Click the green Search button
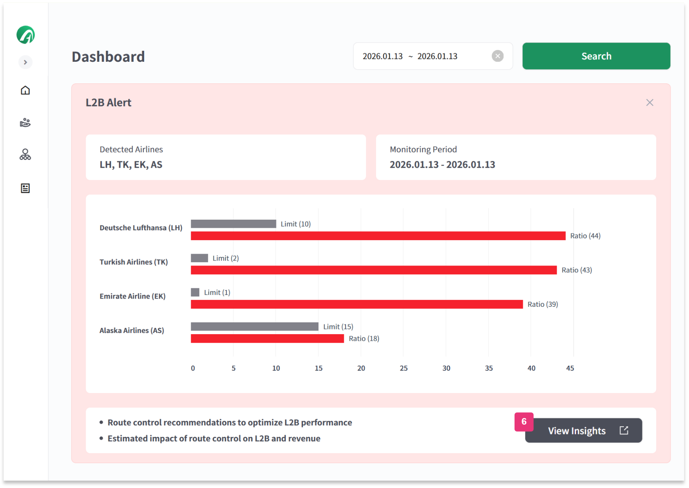596,56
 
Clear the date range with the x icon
497,56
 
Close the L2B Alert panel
649,103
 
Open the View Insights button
583,431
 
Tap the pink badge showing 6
524,422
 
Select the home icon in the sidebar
25,90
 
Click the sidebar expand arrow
25,62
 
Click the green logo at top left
25,35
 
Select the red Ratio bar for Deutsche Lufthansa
377,236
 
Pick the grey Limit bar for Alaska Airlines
254,326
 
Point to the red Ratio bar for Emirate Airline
356,304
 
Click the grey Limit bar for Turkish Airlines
199,258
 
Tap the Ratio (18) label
364,339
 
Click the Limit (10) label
295,224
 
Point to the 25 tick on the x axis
403,368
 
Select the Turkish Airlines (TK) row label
133,262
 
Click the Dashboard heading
108,57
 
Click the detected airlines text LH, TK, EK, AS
131,165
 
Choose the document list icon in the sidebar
25,188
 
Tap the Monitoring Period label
423,149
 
